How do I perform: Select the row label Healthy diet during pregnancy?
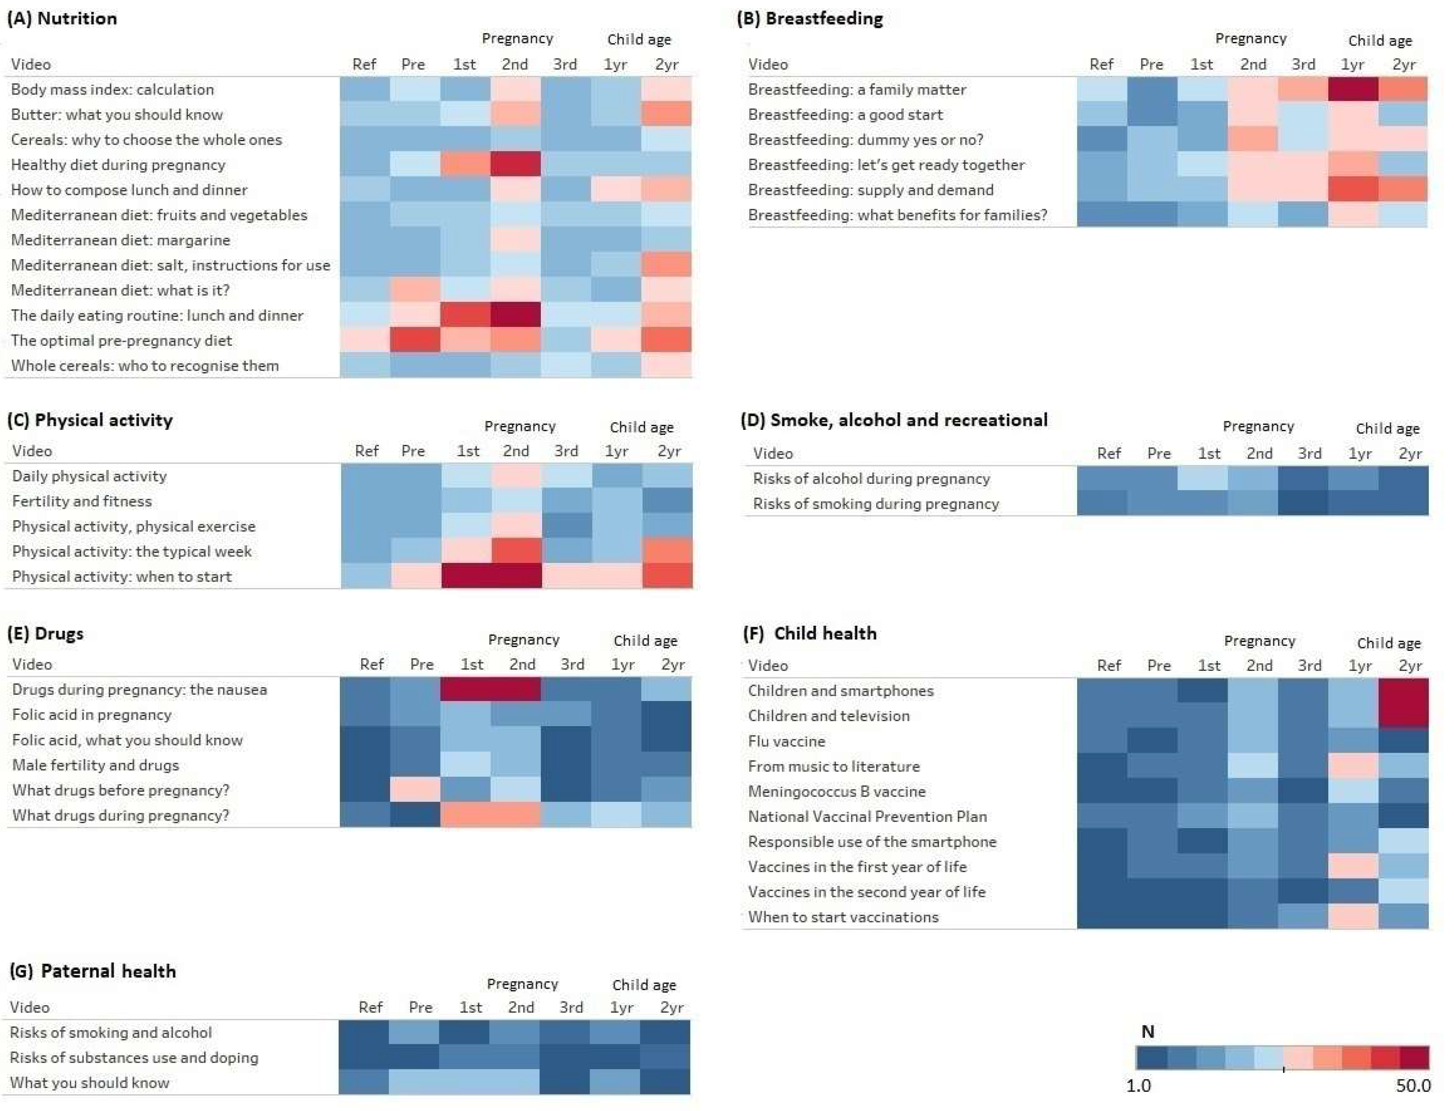pyautogui.click(x=118, y=165)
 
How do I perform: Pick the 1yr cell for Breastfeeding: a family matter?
pyautogui.click(x=1353, y=89)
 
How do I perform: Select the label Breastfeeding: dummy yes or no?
pyautogui.click(x=865, y=139)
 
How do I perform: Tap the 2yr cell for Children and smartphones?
pyautogui.click(x=1404, y=690)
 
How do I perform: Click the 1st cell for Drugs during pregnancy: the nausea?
pyautogui.click(x=466, y=689)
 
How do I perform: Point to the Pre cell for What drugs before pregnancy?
pyautogui.click(x=416, y=790)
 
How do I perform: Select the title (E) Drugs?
pyautogui.click(x=46, y=634)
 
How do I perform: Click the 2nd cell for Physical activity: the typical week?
pyautogui.click(x=517, y=551)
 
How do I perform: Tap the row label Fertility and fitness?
pyautogui.click(x=82, y=501)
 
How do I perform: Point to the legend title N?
pyautogui.click(x=1148, y=1031)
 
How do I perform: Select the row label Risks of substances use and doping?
pyautogui.click(x=134, y=1057)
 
